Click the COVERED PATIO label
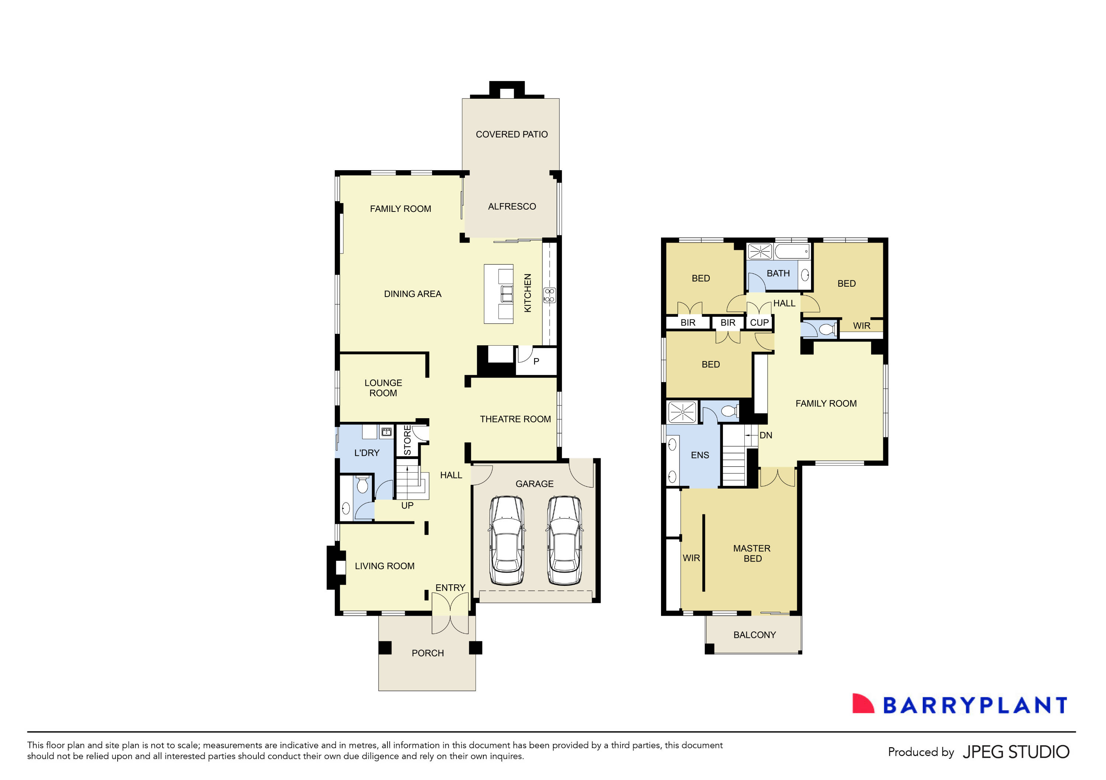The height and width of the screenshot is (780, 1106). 512,134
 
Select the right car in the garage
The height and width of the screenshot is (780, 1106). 564,540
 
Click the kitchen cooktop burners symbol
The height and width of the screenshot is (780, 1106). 549,295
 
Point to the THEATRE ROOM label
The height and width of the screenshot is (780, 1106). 515,419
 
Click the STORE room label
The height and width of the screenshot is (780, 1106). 407,440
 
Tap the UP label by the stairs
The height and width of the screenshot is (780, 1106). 407,506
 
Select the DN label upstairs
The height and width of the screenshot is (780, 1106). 765,435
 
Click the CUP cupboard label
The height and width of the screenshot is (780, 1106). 759,323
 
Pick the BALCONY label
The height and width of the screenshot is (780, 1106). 754,635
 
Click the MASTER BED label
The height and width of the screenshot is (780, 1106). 752,554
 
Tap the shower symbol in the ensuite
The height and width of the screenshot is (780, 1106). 682,412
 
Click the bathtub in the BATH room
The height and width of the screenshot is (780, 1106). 792,251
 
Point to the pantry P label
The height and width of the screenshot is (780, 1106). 536,361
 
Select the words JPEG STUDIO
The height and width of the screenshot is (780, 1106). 1015,752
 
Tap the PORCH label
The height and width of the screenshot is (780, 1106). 427,653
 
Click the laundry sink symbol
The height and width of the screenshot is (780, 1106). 386,431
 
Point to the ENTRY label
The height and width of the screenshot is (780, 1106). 450,588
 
